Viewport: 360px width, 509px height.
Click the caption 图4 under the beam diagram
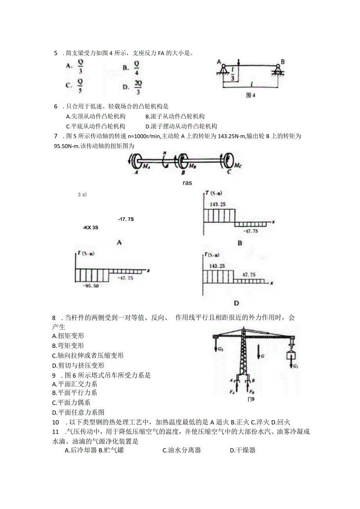click(x=250, y=95)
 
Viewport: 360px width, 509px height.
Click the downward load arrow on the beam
click(x=238, y=63)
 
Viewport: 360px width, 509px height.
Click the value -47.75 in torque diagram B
click(x=250, y=231)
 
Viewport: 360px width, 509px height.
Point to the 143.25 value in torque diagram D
click(x=218, y=266)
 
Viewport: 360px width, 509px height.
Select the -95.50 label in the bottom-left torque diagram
click(x=91, y=286)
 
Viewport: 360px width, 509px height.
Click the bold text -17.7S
click(x=126, y=219)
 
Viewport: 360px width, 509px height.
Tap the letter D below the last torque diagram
click(x=236, y=303)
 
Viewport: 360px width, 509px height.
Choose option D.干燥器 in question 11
click(x=243, y=450)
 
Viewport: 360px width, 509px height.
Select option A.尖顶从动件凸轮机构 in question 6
click(x=96, y=116)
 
